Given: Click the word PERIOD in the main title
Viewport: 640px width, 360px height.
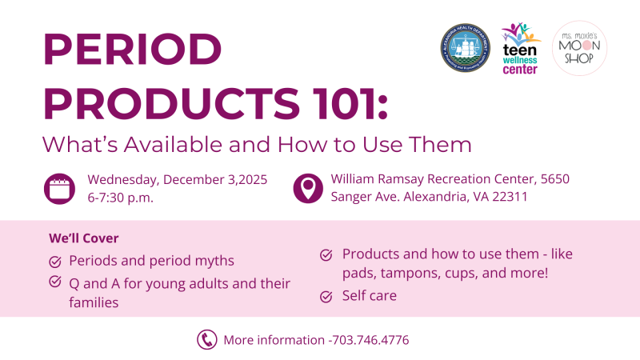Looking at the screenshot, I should point(133,51).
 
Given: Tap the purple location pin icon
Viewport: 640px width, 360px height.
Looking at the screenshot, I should point(308,188).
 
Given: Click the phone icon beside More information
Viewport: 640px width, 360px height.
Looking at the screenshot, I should point(207,340).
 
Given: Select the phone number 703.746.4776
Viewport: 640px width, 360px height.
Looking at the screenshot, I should point(370,340).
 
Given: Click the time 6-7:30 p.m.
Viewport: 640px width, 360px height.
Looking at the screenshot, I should point(121,197).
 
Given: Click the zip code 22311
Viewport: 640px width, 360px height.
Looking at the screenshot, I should point(510,197).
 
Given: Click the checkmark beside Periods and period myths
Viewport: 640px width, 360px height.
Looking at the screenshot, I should point(55,261).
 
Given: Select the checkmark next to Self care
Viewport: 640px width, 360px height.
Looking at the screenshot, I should point(326,297).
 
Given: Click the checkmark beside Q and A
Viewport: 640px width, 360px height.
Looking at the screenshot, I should point(55,282).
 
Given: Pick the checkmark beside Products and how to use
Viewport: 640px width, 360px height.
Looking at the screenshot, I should point(326,254).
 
